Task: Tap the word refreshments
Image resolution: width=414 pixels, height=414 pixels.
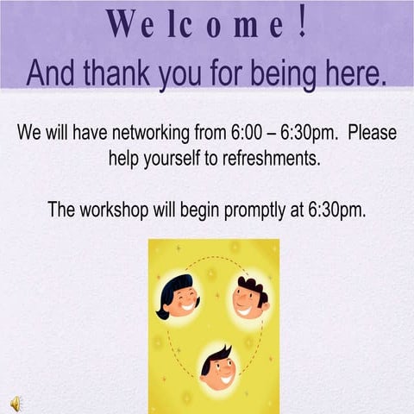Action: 267,159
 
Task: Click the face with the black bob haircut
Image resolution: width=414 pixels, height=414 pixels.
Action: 179,297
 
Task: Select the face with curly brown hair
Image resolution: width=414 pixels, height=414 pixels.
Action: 250,298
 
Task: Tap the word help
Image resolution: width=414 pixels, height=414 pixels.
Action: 124,159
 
